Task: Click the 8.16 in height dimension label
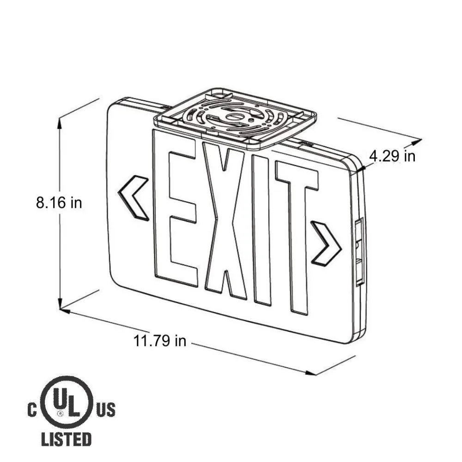(59, 203)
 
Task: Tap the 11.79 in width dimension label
(160, 340)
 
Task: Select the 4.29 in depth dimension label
(392, 156)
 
